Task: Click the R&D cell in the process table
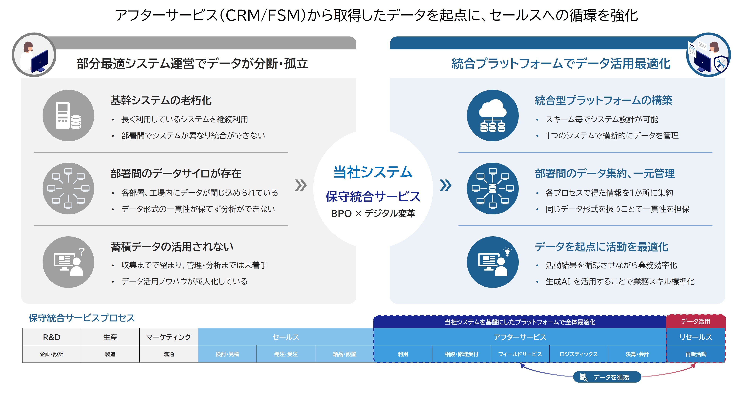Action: click(x=52, y=337)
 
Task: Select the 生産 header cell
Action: click(x=110, y=337)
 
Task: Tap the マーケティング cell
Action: click(x=169, y=337)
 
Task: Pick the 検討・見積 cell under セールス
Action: click(x=227, y=354)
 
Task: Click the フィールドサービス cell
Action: click(x=520, y=354)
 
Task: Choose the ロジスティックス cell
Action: click(x=579, y=354)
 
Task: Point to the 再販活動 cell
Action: click(x=696, y=354)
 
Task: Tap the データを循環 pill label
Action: click(x=607, y=377)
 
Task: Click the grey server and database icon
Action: click(x=68, y=116)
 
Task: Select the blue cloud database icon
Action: click(x=493, y=116)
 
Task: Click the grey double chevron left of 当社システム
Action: click(x=301, y=185)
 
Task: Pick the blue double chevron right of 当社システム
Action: click(x=445, y=185)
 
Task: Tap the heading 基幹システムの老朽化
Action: click(x=161, y=101)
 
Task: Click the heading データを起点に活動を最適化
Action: click(x=601, y=247)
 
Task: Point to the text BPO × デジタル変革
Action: click(x=373, y=213)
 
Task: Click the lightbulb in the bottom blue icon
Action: click(x=507, y=251)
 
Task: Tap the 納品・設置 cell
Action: click(x=344, y=354)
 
